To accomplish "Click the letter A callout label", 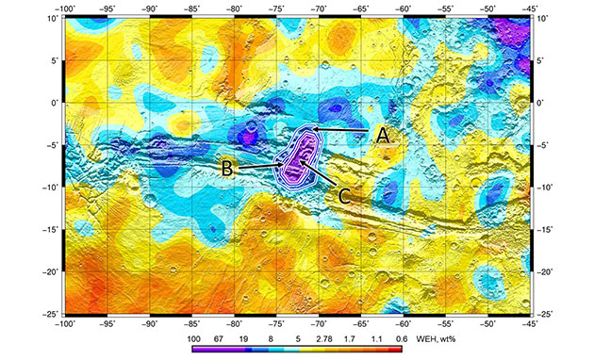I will [x=382, y=135].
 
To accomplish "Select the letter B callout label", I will [x=227, y=169].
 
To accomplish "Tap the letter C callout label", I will [x=345, y=195].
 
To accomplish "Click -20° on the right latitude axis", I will [x=547, y=271].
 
